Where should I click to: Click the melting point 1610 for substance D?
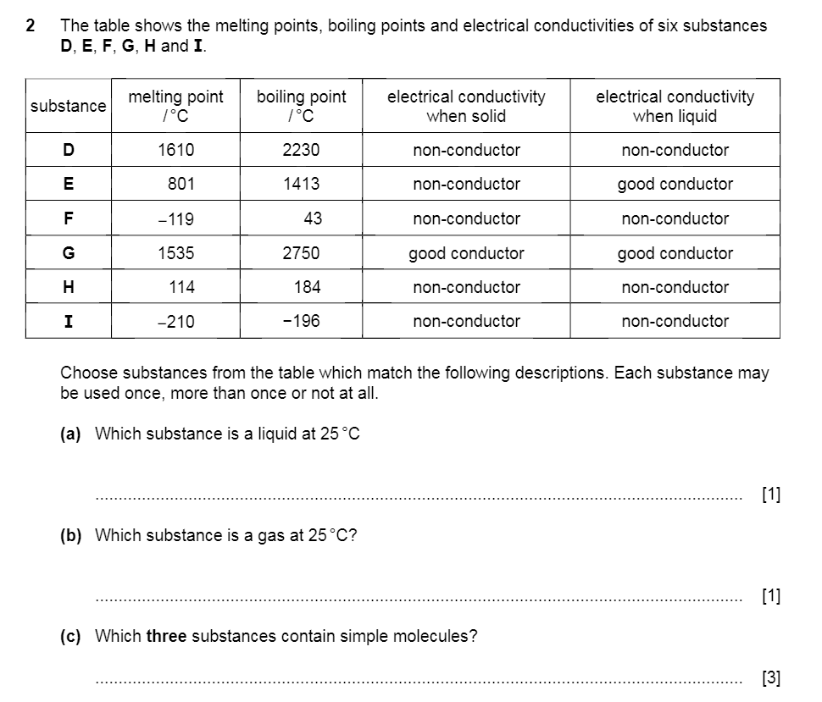click(176, 150)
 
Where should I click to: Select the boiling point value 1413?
click(301, 184)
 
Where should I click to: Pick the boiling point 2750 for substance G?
click(301, 253)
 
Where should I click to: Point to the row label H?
click(69, 287)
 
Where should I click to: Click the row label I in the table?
click(69, 322)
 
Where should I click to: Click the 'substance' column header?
click(69, 106)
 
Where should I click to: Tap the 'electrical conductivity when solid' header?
click(466, 106)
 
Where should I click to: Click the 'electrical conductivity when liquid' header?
click(675, 106)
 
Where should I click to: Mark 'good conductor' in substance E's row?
click(675, 184)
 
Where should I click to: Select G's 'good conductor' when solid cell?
click(466, 253)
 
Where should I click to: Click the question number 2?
click(31, 25)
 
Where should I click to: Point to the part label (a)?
click(70, 434)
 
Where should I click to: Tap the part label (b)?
click(70, 535)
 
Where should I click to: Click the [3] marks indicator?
click(771, 677)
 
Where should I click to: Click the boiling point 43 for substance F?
click(313, 218)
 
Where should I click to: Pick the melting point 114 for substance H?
click(181, 287)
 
